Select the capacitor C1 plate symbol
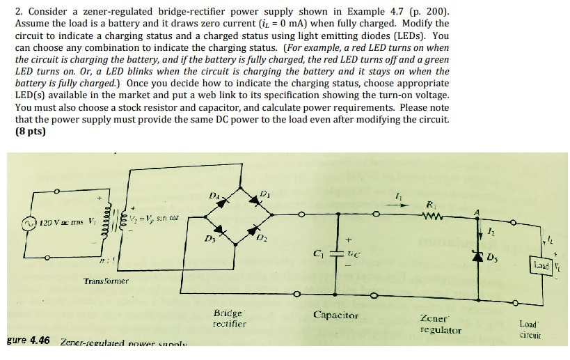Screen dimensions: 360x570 point(339,252)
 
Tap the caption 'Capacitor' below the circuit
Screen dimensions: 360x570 point(336,315)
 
